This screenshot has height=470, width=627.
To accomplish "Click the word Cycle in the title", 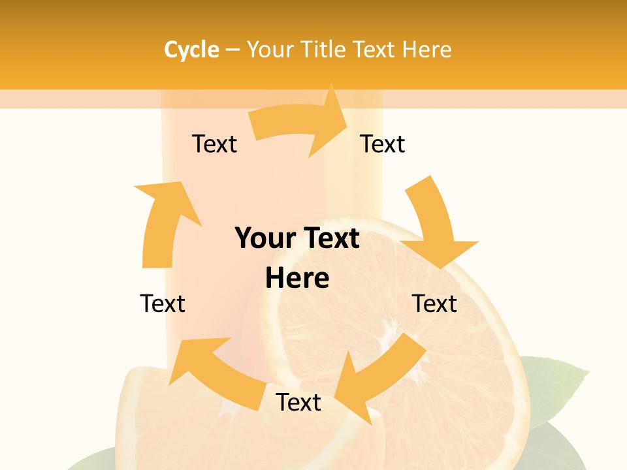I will pos(191,50).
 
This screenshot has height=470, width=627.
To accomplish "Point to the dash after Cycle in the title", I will pos(233,50).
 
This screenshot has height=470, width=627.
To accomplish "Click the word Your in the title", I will pos(271,50).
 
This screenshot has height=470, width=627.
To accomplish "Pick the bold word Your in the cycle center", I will pos(264,238).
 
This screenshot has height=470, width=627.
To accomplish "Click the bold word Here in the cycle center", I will pos(297,278).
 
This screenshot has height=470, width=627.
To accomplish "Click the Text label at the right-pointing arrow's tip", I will pos(383,144).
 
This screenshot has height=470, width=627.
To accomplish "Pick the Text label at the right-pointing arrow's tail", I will pos(214,144).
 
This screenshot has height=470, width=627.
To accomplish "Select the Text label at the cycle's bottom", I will pos(298,402).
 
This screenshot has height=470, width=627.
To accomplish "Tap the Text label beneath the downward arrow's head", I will pos(434,304).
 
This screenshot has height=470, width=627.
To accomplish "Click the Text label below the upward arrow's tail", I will pos(163,304).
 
